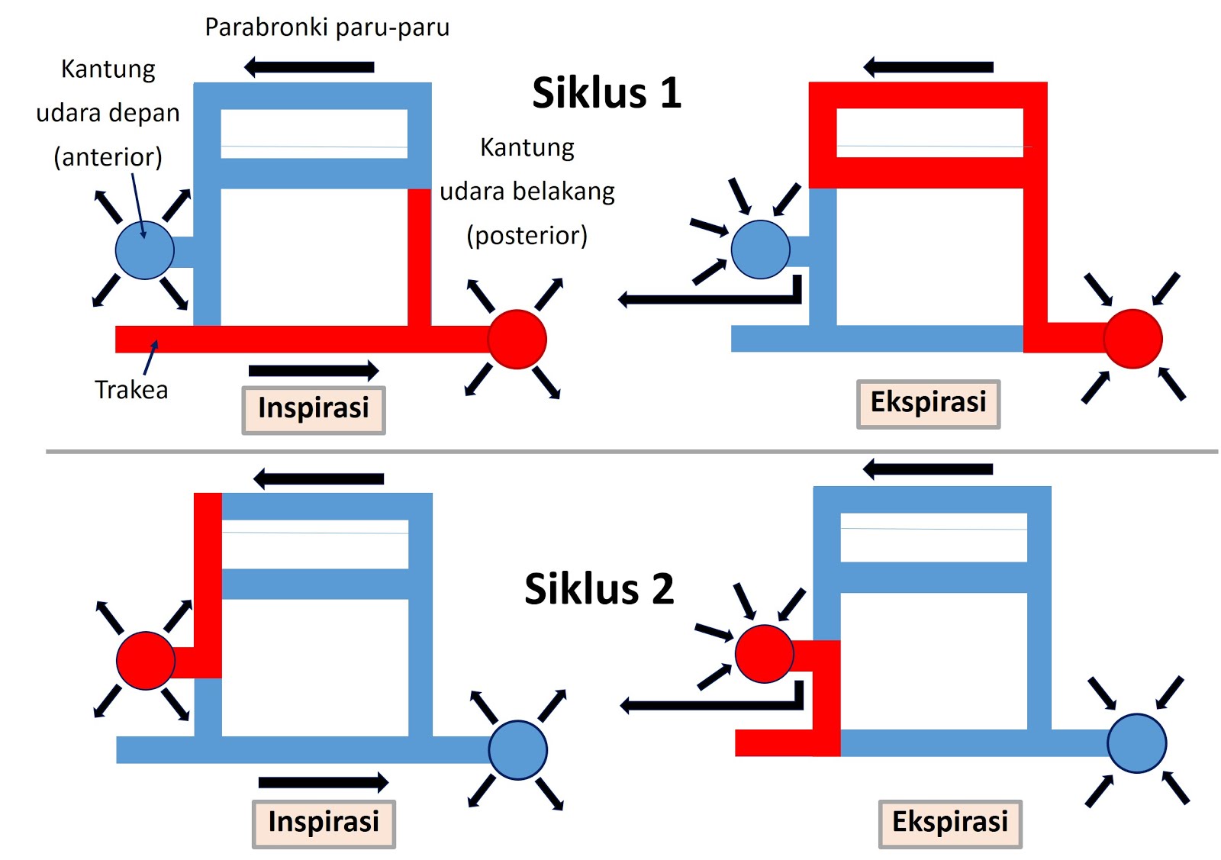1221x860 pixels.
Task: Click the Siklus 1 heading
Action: click(x=606, y=93)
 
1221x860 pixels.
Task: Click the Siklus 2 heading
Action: click(x=599, y=589)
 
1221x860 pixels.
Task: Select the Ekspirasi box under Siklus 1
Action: click(x=928, y=404)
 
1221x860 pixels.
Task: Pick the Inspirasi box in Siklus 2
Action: click(x=324, y=823)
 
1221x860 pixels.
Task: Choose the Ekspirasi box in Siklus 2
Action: click(x=950, y=823)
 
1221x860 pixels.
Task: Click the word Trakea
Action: click(x=131, y=390)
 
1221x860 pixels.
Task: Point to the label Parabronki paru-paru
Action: click(x=327, y=27)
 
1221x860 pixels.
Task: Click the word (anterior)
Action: click(x=108, y=157)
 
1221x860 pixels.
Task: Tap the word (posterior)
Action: click(x=527, y=236)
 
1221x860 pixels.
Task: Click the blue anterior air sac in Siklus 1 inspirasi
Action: click(x=144, y=250)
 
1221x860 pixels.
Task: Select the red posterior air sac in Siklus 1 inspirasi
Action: click(x=517, y=340)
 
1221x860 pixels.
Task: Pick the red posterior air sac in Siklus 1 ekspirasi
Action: click(x=1133, y=339)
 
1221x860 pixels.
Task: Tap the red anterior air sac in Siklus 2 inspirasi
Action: click(x=145, y=661)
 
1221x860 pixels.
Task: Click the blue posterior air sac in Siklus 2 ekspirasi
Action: click(x=1137, y=743)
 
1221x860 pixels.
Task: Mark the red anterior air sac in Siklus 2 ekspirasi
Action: click(x=764, y=654)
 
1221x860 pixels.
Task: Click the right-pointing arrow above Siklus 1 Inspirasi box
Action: click(x=314, y=371)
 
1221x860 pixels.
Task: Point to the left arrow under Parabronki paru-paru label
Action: click(x=309, y=67)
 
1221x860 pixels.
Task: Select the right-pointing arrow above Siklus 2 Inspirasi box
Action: click(x=324, y=782)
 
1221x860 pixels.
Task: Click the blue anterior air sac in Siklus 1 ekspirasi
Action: click(x=760, y=250)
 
